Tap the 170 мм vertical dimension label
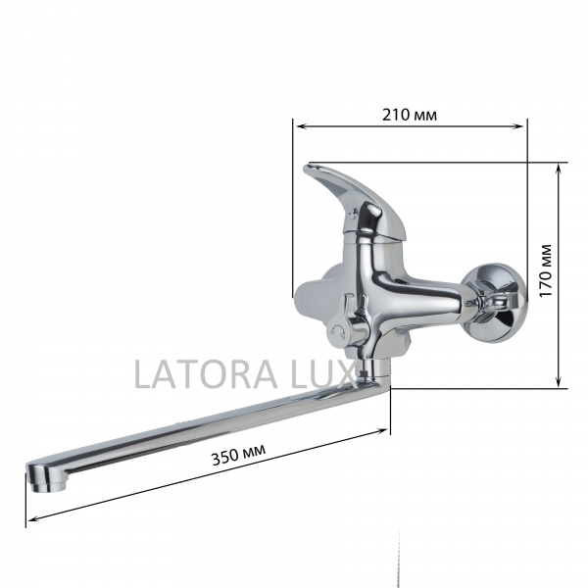point(545,271)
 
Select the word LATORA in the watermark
point(188,374)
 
